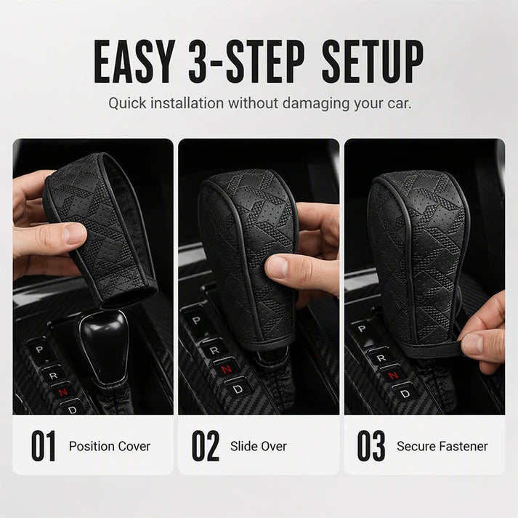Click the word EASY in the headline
click(x=134, y=62)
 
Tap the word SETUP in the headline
click(x=372, y=62)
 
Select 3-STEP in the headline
click(x=247, y=62)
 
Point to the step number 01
click(x=43, y=445)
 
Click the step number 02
click(x=205, y=445)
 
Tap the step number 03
click(x=371, y=445)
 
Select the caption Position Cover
click(x=110, y=446)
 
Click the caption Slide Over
click(x=259, y=446)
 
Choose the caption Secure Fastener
click(x=442, y=446)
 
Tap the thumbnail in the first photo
click(x=74, y=233)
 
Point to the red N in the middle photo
click(x=226, y=370)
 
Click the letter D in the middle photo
click(x=238, y=389)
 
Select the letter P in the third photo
click(x=362, y=328)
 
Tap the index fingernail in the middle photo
click(x=278, y=266)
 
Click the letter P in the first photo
click(x=39, y=349)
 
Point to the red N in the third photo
click(x=393, y=375)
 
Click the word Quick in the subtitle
click(x=127, y=103)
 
